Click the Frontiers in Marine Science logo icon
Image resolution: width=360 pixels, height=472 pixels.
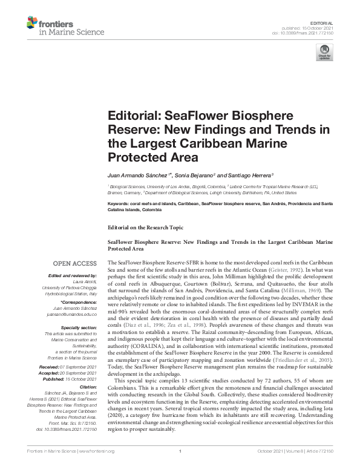tap(31, 24)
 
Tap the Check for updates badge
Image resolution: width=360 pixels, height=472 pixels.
tap(322, 56)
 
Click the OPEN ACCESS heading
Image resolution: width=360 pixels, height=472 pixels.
tap(74, 263)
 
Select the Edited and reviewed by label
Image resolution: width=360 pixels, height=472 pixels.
tap(70, 277)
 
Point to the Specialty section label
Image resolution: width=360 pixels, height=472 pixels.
tap(77, 327)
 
